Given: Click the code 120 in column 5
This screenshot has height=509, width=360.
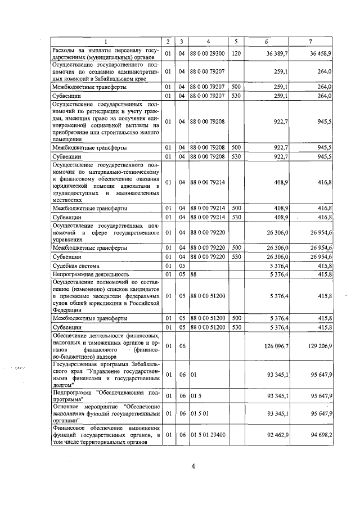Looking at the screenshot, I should (x=236, y=53).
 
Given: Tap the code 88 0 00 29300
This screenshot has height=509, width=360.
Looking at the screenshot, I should (x=208, y=53).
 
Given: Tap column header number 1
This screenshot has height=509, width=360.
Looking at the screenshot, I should (x=105, y=42).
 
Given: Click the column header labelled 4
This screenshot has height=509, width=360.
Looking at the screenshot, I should (x=208, y=42).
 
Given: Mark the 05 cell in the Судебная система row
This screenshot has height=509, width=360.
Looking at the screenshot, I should (x=182, y=265).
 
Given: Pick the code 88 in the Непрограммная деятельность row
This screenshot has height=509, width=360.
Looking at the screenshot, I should (x=193, y=274).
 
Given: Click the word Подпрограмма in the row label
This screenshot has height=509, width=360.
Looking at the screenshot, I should (x=74, y=393).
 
